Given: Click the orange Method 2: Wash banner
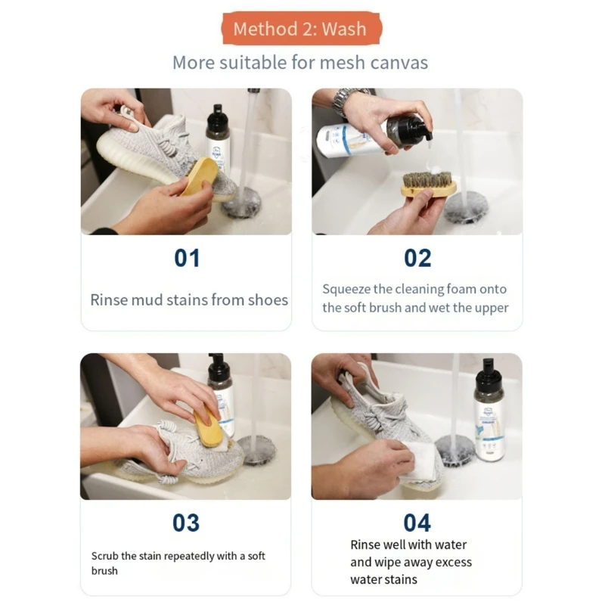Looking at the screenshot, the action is (x=301, y=29).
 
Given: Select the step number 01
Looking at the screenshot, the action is (x=187, y=258).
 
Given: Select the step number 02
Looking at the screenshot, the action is (x=417, y=258).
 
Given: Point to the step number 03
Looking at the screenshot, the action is (x=186, y=523).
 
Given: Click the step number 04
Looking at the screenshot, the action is (x=417, y=523).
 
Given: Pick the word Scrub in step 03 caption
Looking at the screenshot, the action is (x=104, y=556).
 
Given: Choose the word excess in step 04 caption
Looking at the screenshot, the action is (x=453, y=562).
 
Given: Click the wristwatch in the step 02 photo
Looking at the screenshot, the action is (x=346, y=101).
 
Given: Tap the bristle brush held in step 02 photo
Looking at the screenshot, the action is (x=428, y=184).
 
